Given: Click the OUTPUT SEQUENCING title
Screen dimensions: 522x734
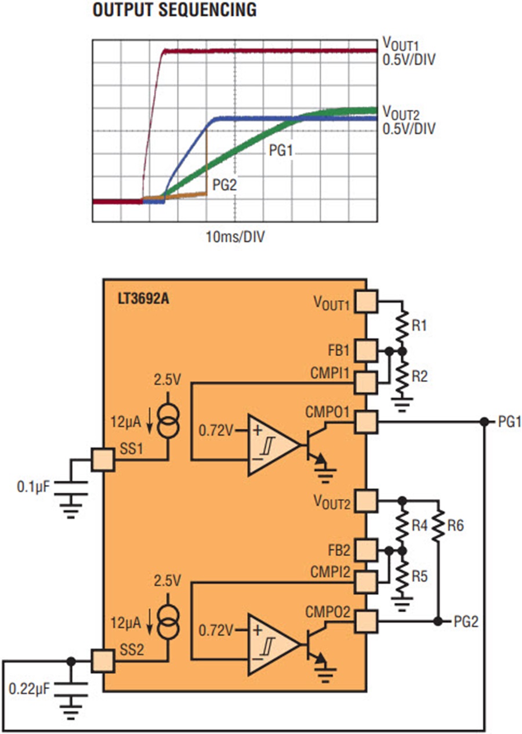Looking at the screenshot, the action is (x=175, y=10).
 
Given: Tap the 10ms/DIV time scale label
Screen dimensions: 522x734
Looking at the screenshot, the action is (x=235, y=237).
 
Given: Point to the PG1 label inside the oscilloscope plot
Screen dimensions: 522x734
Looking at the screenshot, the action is (x=281, y=150).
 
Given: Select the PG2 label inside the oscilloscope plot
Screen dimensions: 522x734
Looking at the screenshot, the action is (x=224, y=185).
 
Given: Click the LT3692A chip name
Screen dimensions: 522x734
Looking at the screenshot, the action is (x=143, y=299).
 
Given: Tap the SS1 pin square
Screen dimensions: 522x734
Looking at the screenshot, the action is (x=103, y=460).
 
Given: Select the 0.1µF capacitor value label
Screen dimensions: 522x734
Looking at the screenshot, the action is (x=33, y=487).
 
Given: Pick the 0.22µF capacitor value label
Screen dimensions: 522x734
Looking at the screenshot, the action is (x=29, y=689).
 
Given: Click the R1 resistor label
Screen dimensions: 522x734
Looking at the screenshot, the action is (x=419, y=326).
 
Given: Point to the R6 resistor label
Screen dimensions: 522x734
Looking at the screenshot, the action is (x=455, y=526).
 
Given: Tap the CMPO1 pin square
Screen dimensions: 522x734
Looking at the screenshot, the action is (x=366, y=422).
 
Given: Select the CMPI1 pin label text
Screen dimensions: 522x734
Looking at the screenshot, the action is (x=330, y=373).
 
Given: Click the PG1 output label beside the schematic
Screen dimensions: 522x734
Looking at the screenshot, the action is (x=510, y=422).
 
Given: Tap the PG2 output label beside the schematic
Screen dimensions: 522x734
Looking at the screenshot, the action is (x=466, y=621).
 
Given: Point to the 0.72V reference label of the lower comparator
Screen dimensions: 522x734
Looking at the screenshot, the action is (x=216, y=631).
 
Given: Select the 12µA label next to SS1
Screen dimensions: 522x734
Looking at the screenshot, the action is (x=126, y=422).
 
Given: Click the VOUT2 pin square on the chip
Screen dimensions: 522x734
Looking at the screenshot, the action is (x=366, y=501).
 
